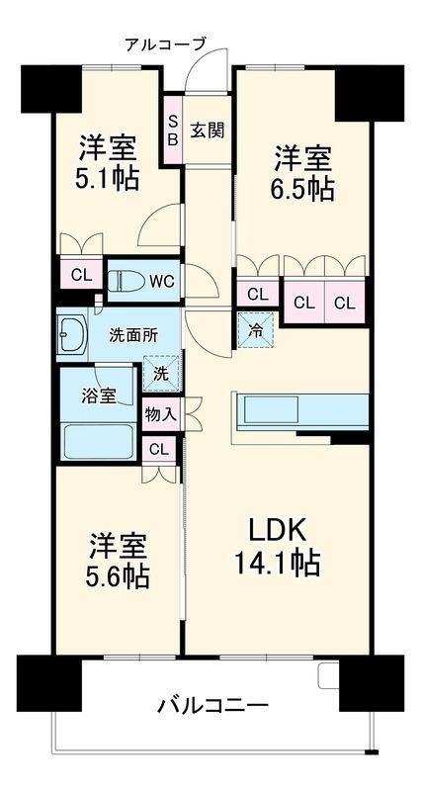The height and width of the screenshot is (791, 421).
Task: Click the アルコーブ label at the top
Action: point(165,44)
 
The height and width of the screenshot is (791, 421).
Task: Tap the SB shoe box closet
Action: point(172,130)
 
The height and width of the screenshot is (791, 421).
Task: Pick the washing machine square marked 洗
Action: point(161,374)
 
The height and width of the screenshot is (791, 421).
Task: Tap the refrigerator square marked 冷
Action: point(255,329)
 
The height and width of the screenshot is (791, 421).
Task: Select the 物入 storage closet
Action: point(160,414)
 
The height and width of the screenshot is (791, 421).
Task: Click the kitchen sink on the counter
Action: point(271,409)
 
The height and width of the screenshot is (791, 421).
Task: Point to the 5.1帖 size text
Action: point(107,179)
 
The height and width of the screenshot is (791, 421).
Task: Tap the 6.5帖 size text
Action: point(302,189)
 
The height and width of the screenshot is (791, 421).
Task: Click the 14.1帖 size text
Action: point(278,564)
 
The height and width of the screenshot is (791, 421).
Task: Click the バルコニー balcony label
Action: point(212,705)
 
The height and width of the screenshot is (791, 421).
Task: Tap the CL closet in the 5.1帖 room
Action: point(81,275)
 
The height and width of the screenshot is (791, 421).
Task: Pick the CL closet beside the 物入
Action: point(159,448)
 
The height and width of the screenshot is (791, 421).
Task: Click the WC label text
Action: point(162,281)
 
